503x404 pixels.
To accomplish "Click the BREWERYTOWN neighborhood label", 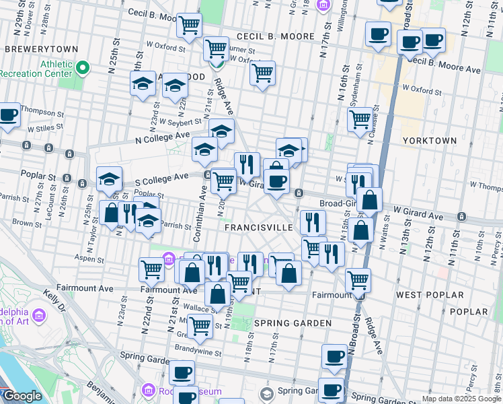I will coord(40,49).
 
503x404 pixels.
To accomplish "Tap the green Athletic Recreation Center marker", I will coord(83,67).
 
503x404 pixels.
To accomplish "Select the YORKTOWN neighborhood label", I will coord(429,141).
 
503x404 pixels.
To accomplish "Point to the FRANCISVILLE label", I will coord(258,228).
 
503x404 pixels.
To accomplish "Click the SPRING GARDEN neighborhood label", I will coord(293,323).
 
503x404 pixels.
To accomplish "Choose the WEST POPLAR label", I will coord(429,295).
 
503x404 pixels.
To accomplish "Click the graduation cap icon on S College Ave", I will coord(109,179).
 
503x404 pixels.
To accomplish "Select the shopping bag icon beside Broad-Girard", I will coord(369,200).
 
